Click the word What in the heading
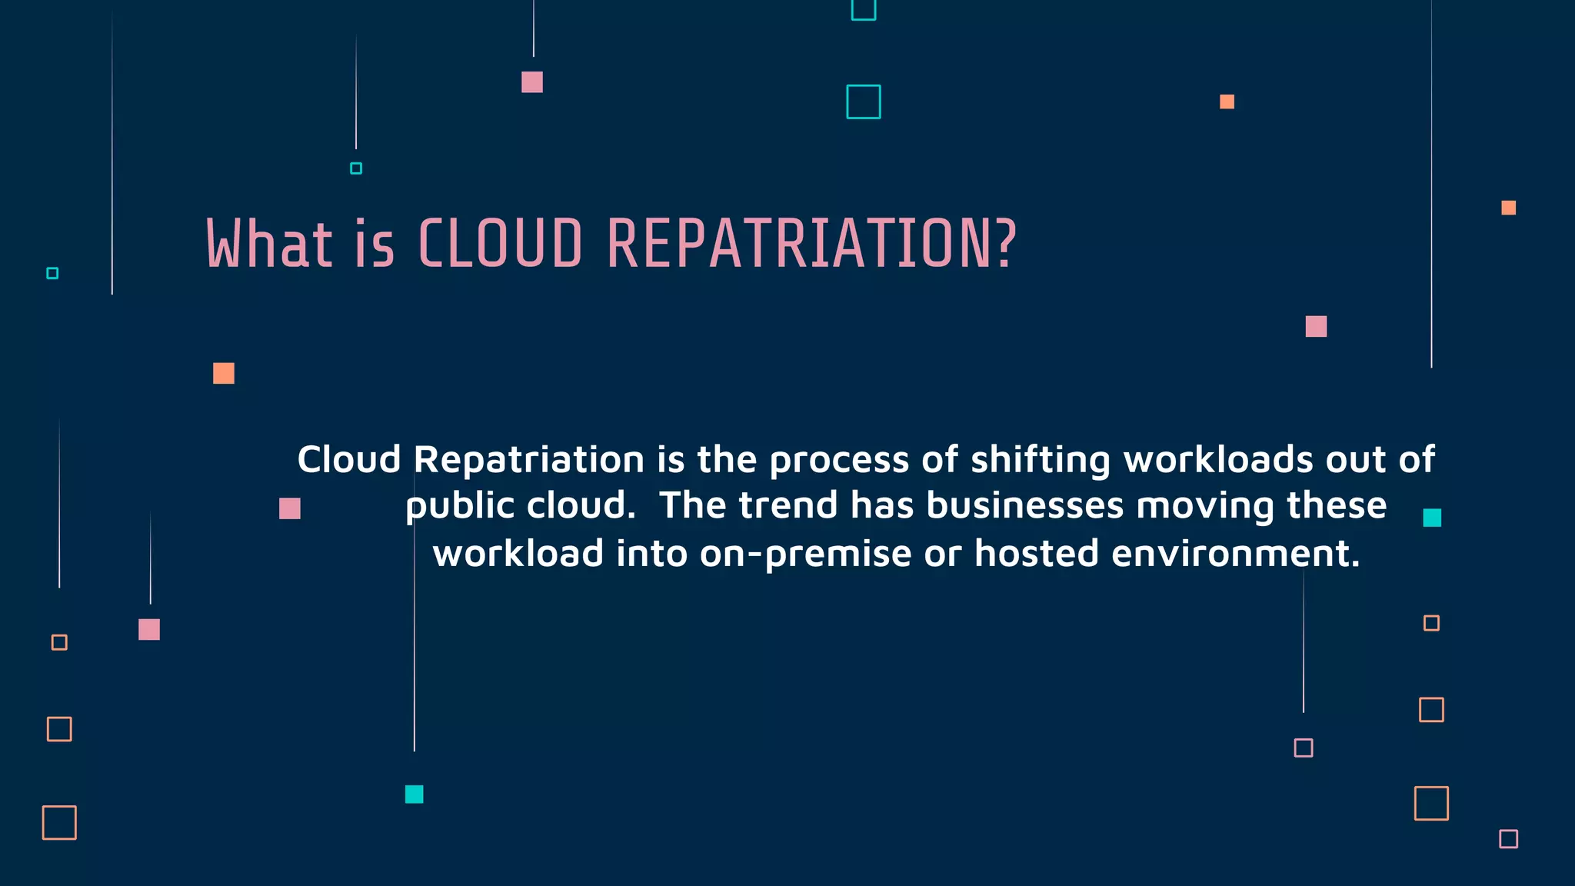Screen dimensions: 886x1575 (x=269, y=244)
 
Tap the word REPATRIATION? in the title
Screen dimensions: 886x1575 (x=811, y=244)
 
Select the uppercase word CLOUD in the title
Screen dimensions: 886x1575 (x=500, y=244)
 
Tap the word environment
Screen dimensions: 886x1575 (x=1235, y=554)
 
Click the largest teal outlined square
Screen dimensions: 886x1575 (x=863, y=102)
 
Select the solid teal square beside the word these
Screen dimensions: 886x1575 (x=1431, y=518)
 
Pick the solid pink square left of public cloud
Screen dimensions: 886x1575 (x=289, y=508)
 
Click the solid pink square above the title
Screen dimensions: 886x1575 (x=531, y=82)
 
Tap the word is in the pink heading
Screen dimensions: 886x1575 (x=375, y=244)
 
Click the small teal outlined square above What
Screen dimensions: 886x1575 (x=355, y=168)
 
